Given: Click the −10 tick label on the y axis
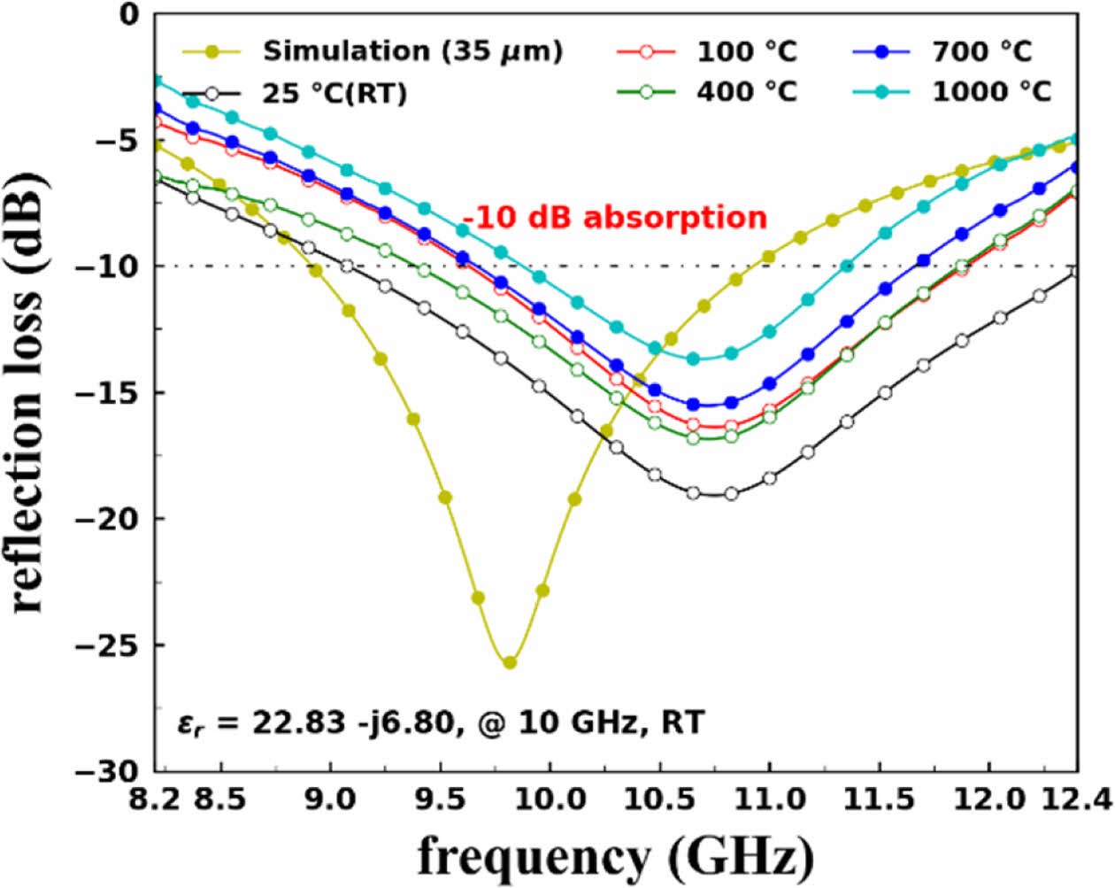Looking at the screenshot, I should [110, 266].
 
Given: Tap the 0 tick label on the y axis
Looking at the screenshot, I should [130, 14].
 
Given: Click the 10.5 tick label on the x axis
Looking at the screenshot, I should [659, 799].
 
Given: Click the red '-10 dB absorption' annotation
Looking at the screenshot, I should [614, 218].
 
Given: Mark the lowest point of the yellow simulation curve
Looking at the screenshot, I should [510, 662].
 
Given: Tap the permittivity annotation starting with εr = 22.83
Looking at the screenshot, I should [440, 723].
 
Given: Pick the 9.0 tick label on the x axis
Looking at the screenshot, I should [330, 799].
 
